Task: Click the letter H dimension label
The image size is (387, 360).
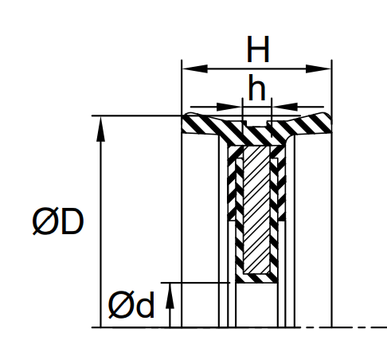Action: click(258, 49)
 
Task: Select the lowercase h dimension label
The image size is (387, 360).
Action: click(256, 88)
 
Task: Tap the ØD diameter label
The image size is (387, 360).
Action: click(58, 221)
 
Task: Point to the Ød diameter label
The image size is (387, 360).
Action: click(131, 304)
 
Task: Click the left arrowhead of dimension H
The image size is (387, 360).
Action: click(195, 68)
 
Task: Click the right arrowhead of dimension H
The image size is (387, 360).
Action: click(318, 68)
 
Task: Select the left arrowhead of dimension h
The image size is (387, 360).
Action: click(229, 107)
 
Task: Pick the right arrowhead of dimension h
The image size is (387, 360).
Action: click(285, 107)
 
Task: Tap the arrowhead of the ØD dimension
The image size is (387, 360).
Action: click(100, 129)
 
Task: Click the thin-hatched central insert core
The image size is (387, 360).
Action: click(256, 209)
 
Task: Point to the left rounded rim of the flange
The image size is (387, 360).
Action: click(189, 123)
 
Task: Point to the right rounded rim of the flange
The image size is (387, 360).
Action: click(324, 123)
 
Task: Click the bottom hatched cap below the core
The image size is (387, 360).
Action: click(256, 278)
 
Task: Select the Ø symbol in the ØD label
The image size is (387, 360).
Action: click(43, 221)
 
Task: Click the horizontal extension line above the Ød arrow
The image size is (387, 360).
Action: click(195, 283)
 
